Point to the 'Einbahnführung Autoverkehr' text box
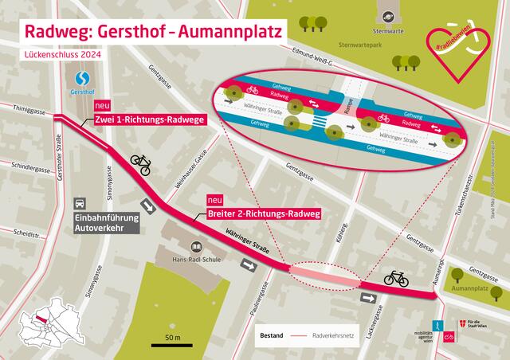[x=106, y=221]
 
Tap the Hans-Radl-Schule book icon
[x=195, y=248]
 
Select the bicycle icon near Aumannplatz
[x=396, y=278]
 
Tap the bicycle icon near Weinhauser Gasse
[x=140, y=164]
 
